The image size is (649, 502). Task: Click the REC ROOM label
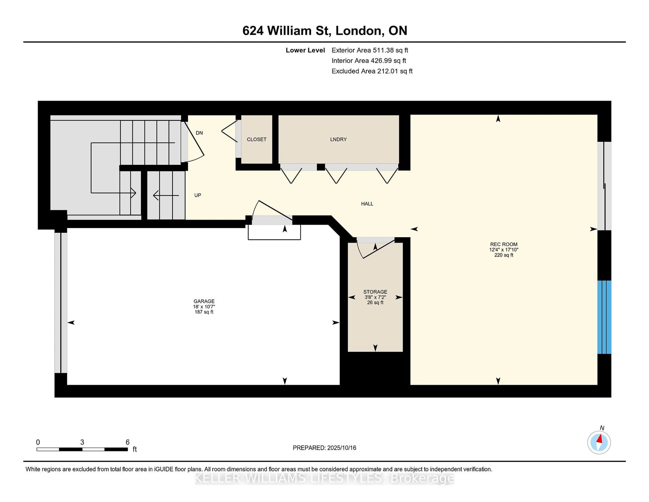(504, 244)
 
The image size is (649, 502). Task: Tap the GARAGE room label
(204, 301)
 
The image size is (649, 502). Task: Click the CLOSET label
(256, 139)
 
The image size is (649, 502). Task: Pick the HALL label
(367, 204)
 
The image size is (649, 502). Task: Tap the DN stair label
(199, 133)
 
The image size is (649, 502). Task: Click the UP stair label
(198, 195)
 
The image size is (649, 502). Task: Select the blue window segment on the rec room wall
(604, 317)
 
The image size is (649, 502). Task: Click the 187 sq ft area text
(204, 312)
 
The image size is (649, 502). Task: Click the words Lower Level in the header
(305, 50)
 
